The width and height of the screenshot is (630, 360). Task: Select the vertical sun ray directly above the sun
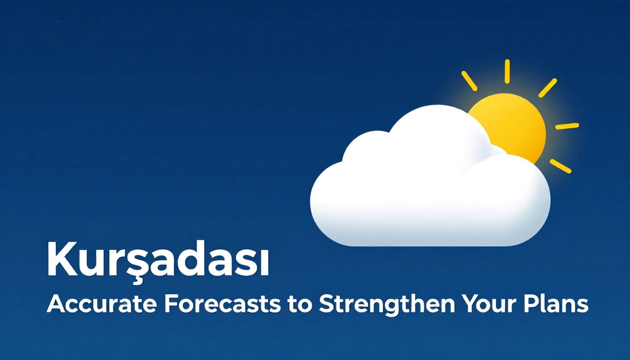[x=507, y=72]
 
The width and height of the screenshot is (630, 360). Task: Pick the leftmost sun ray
[x=469, y=81]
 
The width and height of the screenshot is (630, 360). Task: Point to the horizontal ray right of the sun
[x=567, y=126]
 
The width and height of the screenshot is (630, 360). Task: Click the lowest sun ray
[x=560, y=166]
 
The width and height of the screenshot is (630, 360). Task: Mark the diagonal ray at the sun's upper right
[x=548, y=88]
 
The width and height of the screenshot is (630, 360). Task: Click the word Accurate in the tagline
[x=101, y=304]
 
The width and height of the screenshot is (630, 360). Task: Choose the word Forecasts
[x=222, y=304]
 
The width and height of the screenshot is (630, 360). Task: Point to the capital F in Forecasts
[x=170, y=304]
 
